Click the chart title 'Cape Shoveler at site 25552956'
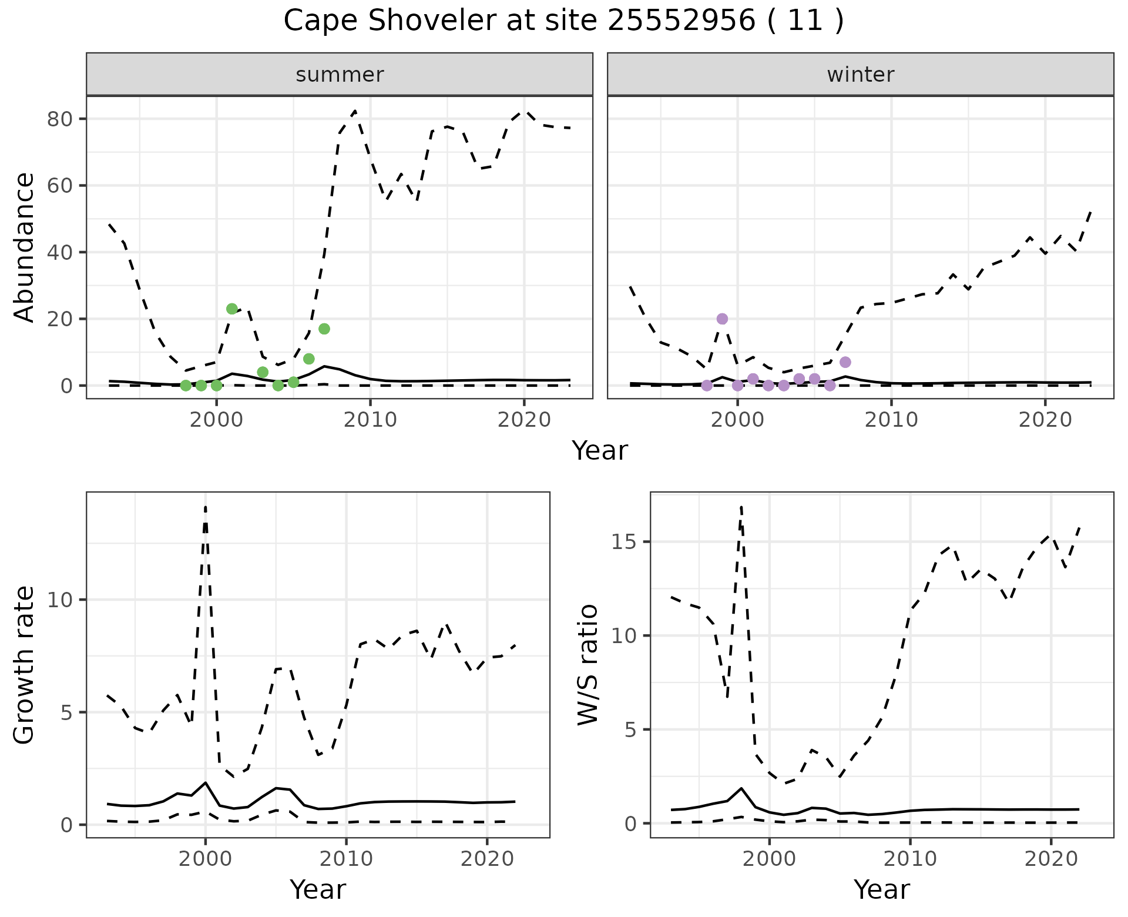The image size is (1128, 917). point(563,21)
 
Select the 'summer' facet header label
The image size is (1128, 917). point(340,75)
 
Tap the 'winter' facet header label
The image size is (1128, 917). point(860,75)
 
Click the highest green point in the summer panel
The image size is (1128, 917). point(232,309)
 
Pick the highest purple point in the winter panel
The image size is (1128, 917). point(722,319)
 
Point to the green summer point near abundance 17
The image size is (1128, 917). point(324,329)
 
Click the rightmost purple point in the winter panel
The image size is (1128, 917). point(845,362)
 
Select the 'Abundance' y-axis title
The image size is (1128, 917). point(25,247)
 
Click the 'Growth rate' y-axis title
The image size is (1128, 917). point(25,665)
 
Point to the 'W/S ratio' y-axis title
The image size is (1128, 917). point(588,664)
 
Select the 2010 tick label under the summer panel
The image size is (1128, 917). point(370,420)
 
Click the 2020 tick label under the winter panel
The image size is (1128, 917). point(1045,420)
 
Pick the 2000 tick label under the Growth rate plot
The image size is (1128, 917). point(205,859)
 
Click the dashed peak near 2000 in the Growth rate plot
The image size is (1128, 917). point(205,507)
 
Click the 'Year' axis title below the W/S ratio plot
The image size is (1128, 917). point(881,889)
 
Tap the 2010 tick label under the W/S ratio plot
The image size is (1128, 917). point(910,859)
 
